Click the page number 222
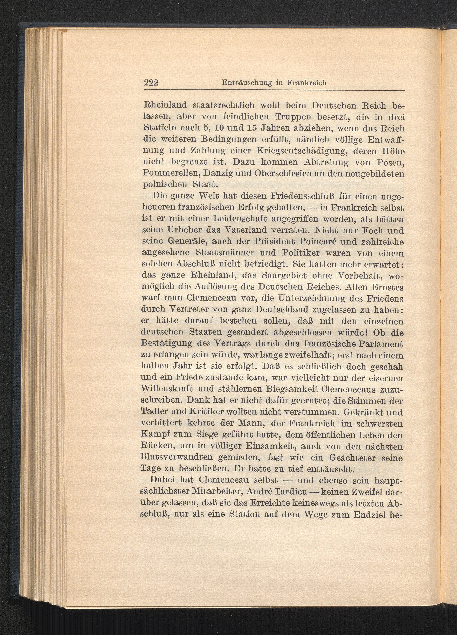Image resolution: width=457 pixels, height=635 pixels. [151, 83]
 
